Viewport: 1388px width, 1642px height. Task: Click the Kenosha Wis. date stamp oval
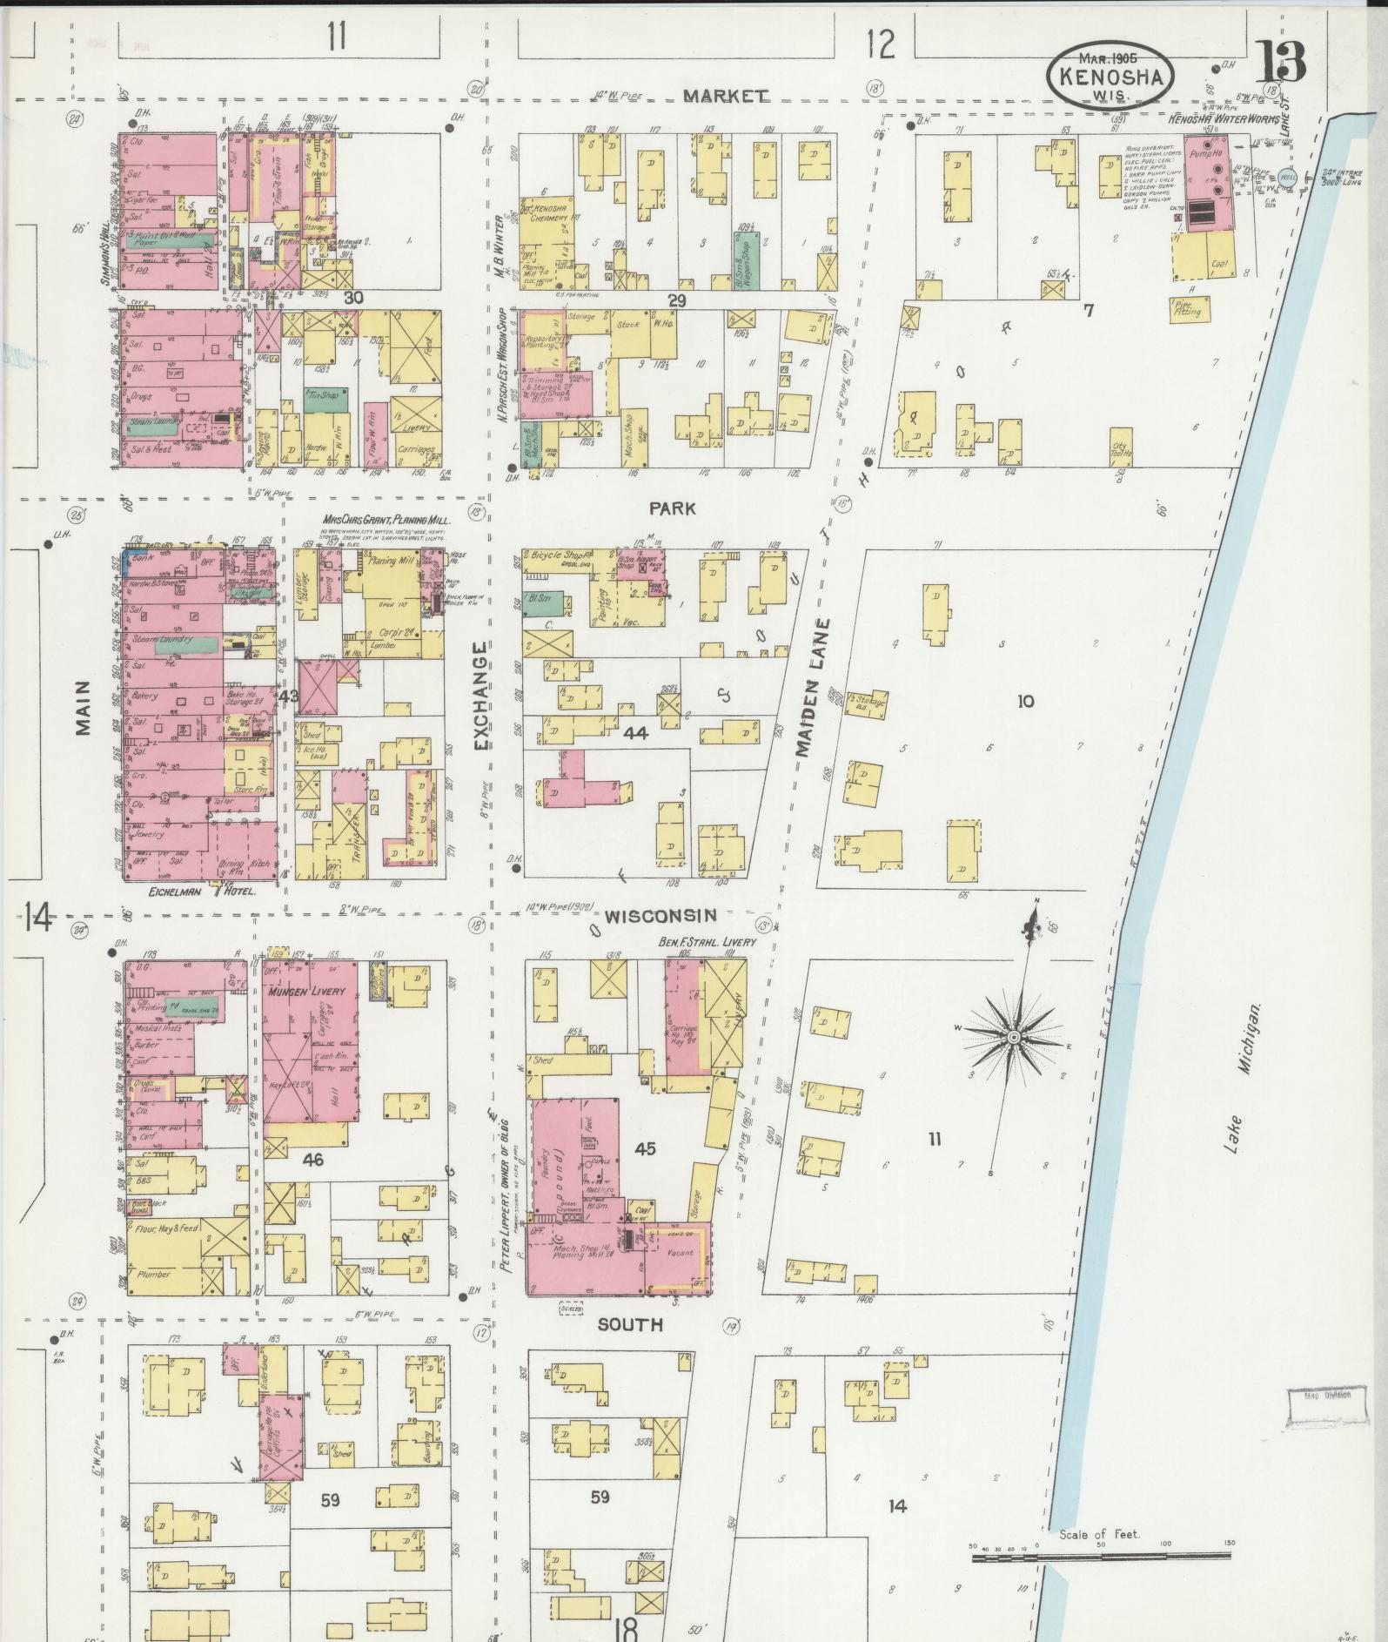click(1110, 76)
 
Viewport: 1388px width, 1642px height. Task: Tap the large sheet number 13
click(1280, 64)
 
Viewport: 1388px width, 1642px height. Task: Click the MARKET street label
click(726, 96)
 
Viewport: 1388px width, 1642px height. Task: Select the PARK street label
click(673, 508)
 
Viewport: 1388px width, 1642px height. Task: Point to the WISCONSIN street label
click(660, 916)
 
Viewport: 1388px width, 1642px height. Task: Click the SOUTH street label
click(630, 1349)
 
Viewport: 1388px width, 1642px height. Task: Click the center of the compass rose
click(1014, 1039)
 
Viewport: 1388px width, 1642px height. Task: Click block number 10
click(1026, 701)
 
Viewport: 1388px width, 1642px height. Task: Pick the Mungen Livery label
click(307, 992)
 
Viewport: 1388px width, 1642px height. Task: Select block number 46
click(312, 1159)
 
